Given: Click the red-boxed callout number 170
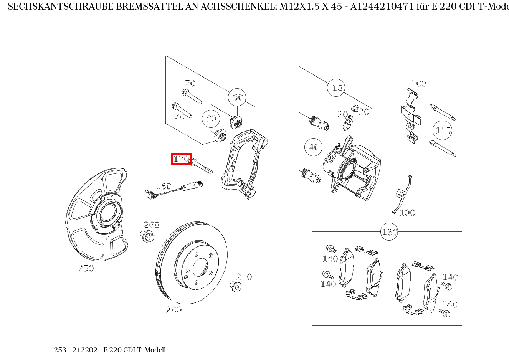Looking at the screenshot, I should coord(181,159).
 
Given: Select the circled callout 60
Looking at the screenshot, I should coord(238,97).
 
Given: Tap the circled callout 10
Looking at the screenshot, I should coord(337,88).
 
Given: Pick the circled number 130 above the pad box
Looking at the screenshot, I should coord(389,232).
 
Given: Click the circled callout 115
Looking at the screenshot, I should coord(443,130).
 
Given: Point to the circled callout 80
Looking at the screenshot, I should coord(211,119).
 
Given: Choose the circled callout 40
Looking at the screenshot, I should coord(314,147).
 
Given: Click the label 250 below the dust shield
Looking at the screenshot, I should coord(86,269).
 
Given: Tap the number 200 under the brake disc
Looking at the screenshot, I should coord(174,310).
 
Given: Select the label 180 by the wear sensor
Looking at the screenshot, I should coord(164,187).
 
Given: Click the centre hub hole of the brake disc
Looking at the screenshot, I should coord(200,267).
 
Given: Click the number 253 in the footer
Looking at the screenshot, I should coord(60,350).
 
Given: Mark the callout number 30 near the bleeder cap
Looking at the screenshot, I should coord(364,112).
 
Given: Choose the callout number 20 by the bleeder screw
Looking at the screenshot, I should coord(342,114).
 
